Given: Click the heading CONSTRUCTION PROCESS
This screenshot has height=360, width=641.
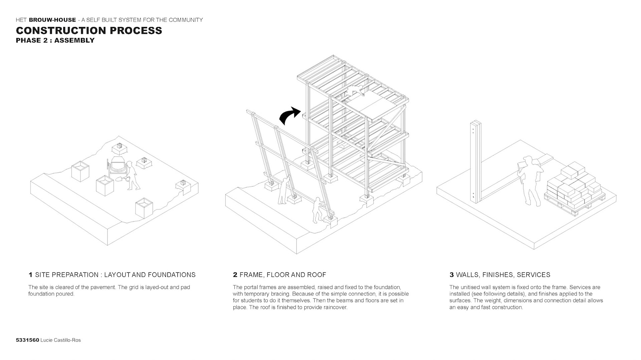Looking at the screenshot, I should click(89, 30).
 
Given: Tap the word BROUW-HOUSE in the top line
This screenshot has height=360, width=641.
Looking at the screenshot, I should click(52, 20).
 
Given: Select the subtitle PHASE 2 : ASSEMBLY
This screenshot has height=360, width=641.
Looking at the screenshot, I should click(55, 40).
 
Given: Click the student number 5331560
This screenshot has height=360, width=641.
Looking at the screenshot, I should click(27, 340).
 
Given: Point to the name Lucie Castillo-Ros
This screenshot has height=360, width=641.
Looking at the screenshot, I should click(60, 340).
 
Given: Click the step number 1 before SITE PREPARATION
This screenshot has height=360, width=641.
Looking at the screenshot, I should click(30, 275).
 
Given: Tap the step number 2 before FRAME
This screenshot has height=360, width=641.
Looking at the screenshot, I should click(235, 275).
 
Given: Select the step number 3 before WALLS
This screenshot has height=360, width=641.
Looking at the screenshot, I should click(451, 275).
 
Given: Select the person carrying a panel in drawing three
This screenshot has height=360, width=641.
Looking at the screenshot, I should click(529, 179).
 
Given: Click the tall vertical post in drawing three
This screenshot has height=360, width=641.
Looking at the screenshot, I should click(476, 162).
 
